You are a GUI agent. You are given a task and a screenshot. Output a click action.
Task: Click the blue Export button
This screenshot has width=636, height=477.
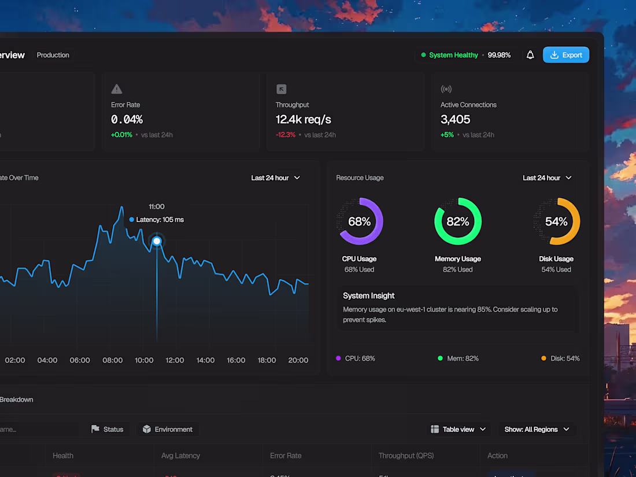pyautogui.click(x=565, y=55)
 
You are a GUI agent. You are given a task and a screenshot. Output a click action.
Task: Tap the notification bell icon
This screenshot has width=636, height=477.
pyautogui.click(x=530, y=55)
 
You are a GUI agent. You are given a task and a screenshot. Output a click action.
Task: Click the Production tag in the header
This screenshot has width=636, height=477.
pyautogui.click(x=53, y=55)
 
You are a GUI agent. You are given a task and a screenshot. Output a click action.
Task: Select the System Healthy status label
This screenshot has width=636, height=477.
pyautogui.click(x=453, y=55)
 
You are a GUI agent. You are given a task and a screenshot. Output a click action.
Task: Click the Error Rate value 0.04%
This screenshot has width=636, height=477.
pyautogui.click(x=127, y=120)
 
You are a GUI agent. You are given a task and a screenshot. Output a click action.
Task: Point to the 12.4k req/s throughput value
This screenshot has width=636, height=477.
pyautogui.click(x=303, y=120)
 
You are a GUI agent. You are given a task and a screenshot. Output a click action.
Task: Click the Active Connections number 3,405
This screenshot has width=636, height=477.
pyautogui.click(x=455, y=120)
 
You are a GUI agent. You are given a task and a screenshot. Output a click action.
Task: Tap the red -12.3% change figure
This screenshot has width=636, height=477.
pyautogui.click(x=286, y=135)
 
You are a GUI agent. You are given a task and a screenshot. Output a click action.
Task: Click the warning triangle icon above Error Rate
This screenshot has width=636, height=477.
pyautogui.click(x=117, y=89)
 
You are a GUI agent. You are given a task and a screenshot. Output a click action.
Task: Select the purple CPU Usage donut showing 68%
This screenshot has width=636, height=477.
pyautogui.click(x=360, y=221)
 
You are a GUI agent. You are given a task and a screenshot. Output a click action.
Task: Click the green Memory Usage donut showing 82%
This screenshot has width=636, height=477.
pyautogui.click(x=458, y=221)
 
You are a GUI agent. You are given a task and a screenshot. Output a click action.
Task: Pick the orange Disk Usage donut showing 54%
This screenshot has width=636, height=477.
pyautogui.click(x=556, y=221)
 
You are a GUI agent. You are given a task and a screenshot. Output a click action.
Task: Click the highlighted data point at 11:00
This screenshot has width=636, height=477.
pyautogui.click(x=157, y=241)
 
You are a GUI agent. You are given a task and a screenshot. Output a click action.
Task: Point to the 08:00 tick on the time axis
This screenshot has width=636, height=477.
pyautogui.click(x=112, y=360)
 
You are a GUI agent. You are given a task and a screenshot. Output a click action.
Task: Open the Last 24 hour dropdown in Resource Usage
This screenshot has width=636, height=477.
pyautogui.click(x=547, y=178)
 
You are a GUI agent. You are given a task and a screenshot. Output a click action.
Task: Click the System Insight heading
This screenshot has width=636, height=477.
pyautogui.click(x=368, y=295)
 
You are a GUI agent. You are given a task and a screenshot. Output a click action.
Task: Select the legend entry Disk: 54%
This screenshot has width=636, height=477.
pyautogui.click(x=560, y=358)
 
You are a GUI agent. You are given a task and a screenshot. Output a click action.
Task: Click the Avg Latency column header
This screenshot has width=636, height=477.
pyautogui.click(x=180, y=456)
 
